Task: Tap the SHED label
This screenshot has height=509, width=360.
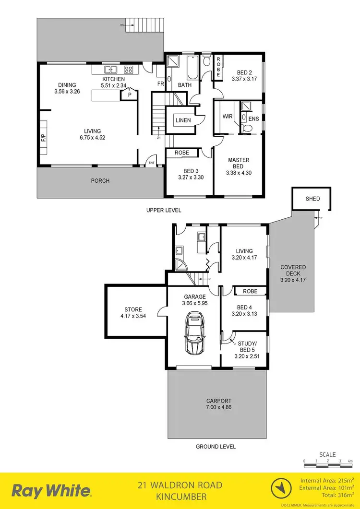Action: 312,199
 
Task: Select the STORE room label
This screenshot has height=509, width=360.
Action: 133,309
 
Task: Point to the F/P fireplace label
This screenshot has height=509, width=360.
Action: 43,138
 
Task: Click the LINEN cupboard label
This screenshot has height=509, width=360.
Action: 183,120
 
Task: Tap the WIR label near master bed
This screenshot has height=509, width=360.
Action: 228,117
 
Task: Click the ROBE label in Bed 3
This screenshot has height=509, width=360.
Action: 182,153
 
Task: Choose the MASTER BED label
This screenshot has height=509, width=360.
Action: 238,163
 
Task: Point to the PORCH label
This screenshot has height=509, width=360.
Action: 100,181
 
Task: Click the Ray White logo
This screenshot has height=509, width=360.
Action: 51,491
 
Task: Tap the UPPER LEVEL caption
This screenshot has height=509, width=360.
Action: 164,210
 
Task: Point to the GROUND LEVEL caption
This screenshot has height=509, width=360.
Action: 216,446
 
